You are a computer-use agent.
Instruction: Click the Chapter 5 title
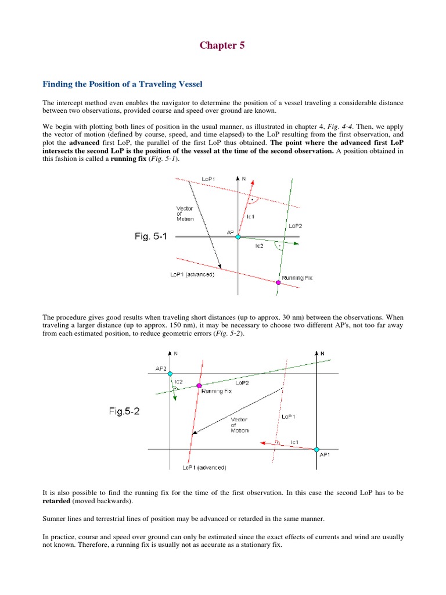[222, 45]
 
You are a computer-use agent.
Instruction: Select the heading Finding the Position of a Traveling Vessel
[123, 84]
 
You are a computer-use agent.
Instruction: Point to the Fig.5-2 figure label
[124, 411]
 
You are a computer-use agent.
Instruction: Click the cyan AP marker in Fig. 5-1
[238, 236]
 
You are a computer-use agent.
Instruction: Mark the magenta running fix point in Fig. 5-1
[278, 282]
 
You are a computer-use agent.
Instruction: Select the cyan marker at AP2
[170, 374]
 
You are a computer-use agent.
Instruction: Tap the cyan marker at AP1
[317, 449]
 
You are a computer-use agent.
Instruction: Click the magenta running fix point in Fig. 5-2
[199, 386]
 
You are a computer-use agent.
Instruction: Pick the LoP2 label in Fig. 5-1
[294, 225]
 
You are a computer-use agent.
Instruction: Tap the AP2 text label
[161, 368]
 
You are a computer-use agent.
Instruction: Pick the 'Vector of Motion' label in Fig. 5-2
[240, 425]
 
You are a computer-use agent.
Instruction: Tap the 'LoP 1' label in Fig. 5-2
[289, 417]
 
